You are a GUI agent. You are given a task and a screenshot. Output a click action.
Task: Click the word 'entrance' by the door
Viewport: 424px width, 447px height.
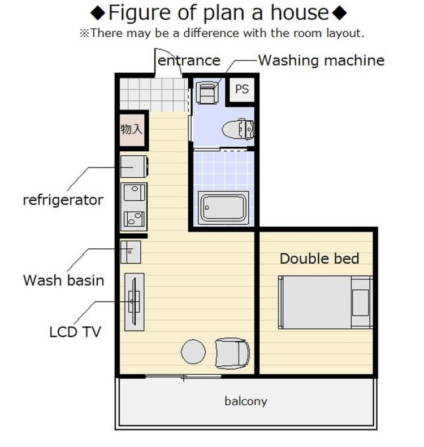tap(189, 61)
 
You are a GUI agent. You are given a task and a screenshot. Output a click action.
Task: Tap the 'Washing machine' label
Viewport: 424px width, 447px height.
tap(321, 60)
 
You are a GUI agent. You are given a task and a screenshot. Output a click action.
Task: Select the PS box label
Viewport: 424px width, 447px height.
tap(241, 89)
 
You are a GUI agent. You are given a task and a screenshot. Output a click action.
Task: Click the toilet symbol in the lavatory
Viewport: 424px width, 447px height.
tap(238, 129)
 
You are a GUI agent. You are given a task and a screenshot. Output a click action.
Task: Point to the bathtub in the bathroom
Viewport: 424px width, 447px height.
tap(223, 207)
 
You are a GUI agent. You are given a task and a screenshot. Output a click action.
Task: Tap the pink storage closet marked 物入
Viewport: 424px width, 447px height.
tap(132, 130)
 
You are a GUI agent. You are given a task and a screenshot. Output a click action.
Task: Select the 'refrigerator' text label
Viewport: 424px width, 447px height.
tap(63, 200)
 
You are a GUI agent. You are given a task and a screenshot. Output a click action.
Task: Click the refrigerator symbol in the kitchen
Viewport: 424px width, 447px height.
tap(134, 166)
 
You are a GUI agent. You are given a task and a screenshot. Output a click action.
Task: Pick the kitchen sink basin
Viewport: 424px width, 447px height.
tap(133, 192)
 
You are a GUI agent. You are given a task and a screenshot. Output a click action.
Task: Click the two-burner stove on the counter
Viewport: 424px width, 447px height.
tap(133, 219)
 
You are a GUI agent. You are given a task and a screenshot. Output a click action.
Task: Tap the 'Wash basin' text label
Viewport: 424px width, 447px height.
tap(63, 281)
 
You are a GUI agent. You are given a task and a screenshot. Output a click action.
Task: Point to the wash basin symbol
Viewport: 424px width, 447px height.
tap(131, 252)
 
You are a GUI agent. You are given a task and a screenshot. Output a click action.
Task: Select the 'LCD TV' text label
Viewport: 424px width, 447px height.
tap(75, 332)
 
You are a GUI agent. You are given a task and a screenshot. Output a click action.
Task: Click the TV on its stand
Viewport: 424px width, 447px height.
tap(134, 301)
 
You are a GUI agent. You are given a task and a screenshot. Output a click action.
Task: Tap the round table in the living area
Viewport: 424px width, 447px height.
tap(193, 352)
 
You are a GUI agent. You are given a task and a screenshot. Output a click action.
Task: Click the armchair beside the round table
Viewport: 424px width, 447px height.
tap(232, 353)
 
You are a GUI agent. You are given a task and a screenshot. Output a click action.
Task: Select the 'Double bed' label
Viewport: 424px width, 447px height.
tap(319, 258)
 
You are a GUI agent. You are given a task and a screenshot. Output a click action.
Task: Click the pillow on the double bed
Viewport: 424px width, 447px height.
tap(360, 303)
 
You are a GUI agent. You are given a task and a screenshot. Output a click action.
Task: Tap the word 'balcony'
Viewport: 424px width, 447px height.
tap(246, 401)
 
